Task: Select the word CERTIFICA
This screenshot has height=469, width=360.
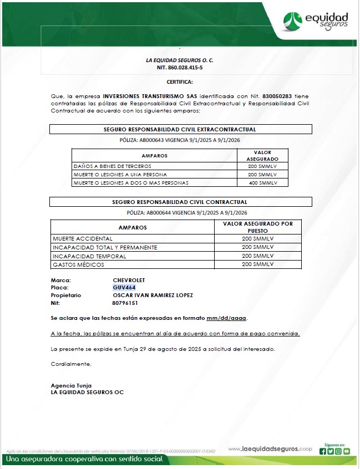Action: tap(180, 82)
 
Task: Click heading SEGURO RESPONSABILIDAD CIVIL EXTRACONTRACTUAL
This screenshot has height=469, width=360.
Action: tap(180, 129)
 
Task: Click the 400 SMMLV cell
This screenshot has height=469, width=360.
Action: tap(262, 182)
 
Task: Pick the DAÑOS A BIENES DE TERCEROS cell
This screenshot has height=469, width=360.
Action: tap(113, 166)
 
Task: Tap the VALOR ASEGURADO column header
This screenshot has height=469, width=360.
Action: tap(262, 155)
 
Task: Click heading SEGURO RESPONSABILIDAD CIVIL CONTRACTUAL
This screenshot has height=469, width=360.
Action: tap(180, 202)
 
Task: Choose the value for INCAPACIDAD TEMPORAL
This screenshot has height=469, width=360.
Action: tap(258, 256)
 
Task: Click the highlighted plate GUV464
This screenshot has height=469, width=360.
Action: tap(124, 288)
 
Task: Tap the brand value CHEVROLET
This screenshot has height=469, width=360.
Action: tap(129, 280)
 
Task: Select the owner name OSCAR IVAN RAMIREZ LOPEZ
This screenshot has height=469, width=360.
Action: tap(153, 295)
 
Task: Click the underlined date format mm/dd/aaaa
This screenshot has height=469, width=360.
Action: tap(226, 318)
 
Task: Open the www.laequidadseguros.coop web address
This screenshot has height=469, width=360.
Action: tap(270, 448)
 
